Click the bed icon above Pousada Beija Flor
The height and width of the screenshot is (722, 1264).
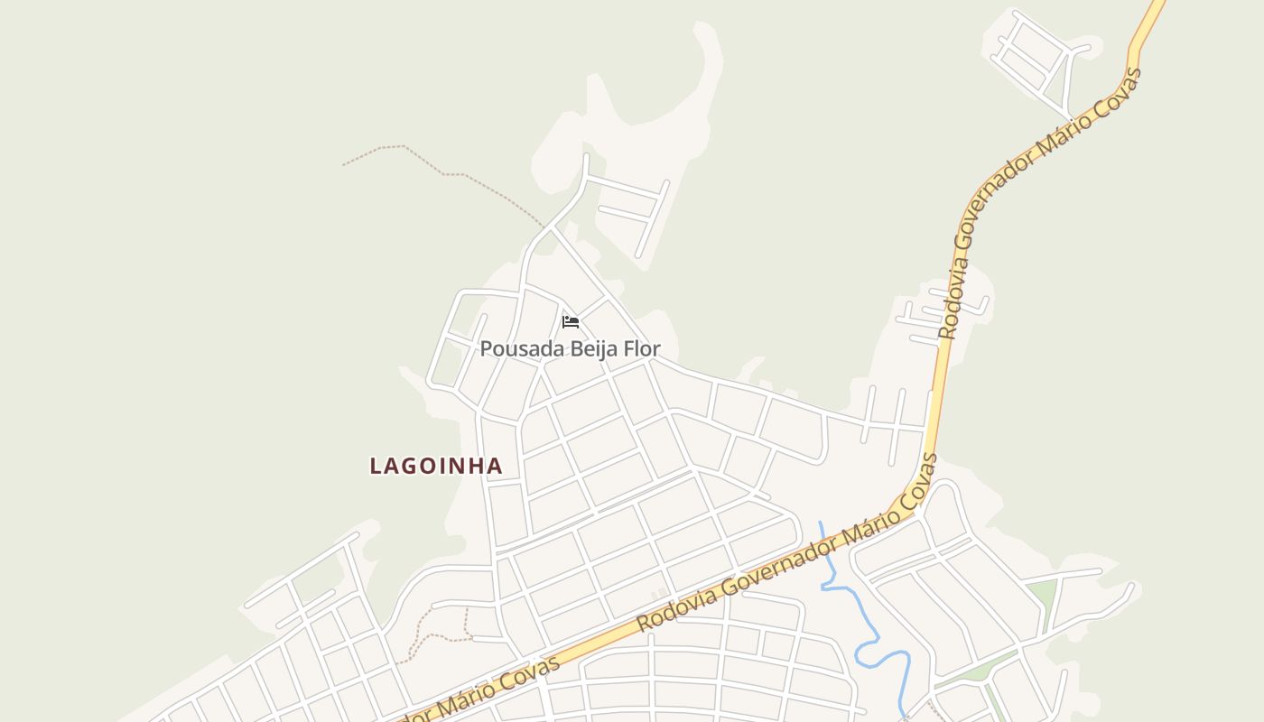coord(571,321)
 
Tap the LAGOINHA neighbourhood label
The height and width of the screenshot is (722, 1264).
coord(436,466)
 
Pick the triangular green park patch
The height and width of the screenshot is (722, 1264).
coord(1044,596)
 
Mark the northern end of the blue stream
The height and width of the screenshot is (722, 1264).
coord(821,523)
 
